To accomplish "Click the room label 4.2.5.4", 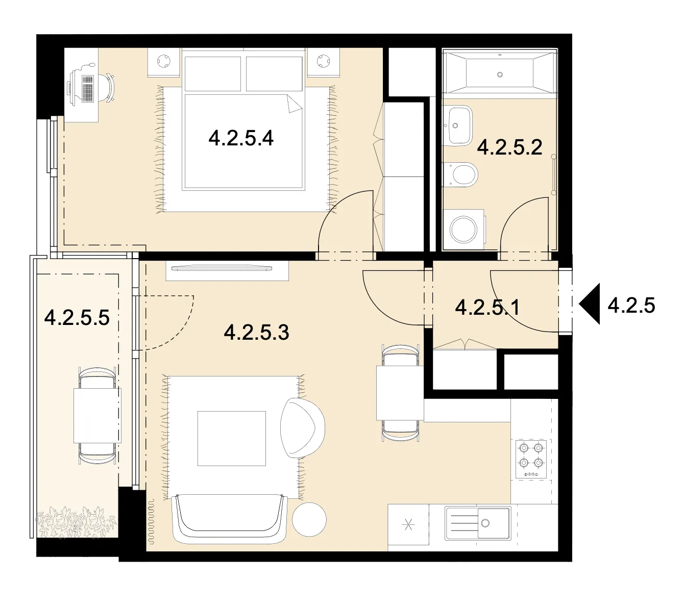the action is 241,138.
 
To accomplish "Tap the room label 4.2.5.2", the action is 509,147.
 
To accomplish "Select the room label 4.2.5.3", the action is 256,333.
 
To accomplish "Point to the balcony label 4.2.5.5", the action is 77,318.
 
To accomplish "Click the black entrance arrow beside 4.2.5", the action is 590,304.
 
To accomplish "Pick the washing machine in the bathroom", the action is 464,230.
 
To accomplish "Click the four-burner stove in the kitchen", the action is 531,459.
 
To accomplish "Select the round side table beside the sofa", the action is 309,520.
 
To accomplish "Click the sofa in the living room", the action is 229,519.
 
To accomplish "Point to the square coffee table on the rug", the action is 232,438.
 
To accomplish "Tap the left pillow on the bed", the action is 213,73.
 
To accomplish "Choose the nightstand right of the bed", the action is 323,62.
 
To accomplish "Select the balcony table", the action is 97,415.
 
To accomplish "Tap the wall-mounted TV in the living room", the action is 222,268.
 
